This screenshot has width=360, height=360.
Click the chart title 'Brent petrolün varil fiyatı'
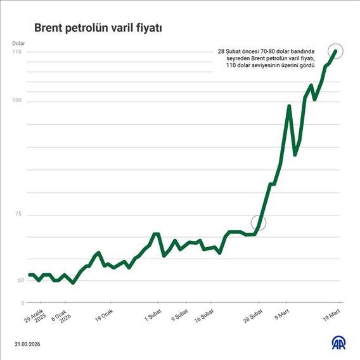[98, 28]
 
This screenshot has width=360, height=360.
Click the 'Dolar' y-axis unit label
[18, 43]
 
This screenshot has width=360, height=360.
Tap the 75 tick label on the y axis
[18, 214]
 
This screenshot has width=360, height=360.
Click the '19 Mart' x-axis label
[332, 315]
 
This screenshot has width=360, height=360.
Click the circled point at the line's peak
[336, 51]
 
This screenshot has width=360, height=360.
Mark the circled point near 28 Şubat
[258, 222]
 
